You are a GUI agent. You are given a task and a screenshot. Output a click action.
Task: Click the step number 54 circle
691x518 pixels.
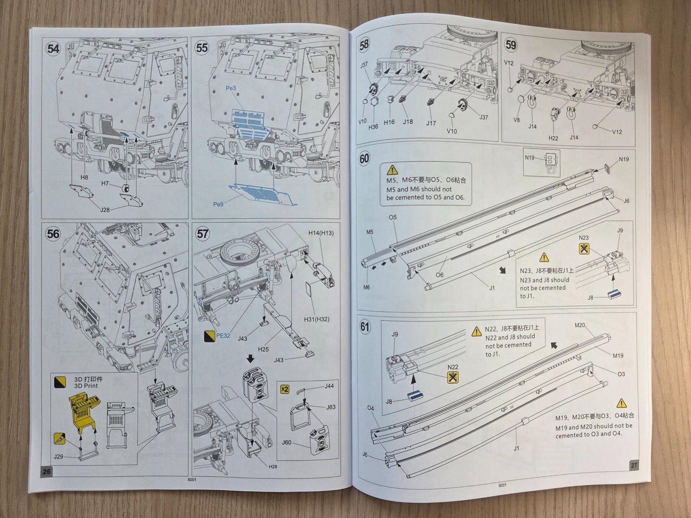[53, 49]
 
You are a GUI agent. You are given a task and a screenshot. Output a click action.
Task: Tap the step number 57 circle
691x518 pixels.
[203, 234]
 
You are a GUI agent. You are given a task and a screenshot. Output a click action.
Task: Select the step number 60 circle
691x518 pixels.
[365, 158]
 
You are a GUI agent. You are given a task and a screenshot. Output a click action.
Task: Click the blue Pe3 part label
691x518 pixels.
[231, 88]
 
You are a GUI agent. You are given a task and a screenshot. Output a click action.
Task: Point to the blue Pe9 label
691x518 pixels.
[219, 204]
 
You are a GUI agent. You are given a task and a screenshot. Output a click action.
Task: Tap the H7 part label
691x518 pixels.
[105, 183]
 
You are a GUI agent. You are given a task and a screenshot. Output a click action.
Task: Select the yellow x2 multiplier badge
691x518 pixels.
[285, 389]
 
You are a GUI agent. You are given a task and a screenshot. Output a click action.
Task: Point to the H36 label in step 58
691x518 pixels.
[373, 127]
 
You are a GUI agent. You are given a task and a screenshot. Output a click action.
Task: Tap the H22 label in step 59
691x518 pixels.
[553, 138]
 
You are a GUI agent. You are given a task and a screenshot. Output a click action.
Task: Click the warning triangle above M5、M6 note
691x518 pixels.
[392, 170]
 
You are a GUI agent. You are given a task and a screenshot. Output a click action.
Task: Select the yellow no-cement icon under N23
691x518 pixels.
[584, 249]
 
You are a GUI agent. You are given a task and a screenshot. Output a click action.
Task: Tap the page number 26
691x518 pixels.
[47, 471]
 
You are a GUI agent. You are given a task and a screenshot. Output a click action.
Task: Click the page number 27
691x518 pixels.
[634, 465]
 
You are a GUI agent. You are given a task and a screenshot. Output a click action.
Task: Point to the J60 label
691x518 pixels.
[286, 442]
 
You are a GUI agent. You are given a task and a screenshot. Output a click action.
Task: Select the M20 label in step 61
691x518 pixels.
[580, 325]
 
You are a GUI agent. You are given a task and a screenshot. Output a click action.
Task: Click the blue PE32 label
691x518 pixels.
[223, 335]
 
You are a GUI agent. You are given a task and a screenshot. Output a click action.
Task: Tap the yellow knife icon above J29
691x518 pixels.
[60, 439]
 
